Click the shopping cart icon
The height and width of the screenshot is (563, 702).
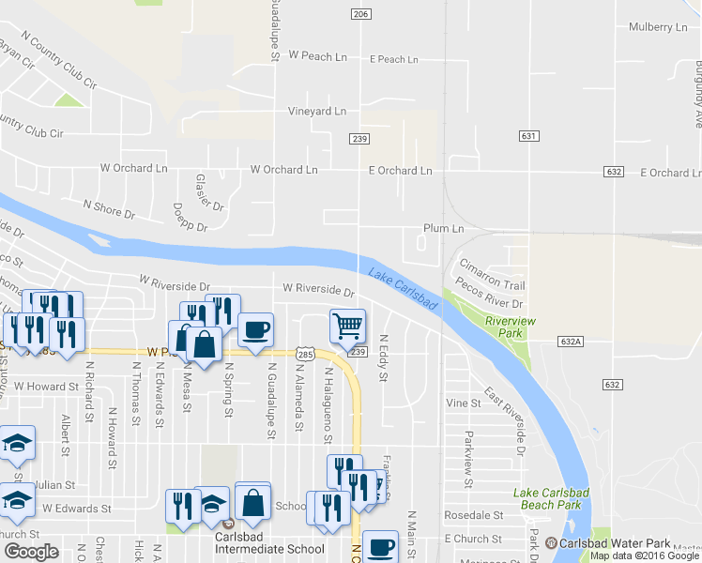[348, 326]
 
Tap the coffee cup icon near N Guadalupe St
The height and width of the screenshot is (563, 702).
[255, 329]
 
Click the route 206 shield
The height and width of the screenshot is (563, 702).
[360, 14]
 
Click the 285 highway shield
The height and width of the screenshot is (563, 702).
[305, 354]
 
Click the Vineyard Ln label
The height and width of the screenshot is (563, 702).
[316, 111]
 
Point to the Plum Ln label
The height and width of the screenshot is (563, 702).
[444, 228]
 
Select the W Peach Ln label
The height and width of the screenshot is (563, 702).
[318, 56]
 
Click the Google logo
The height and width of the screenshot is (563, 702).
[32, 552]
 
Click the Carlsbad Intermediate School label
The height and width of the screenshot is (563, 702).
[268, 549]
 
